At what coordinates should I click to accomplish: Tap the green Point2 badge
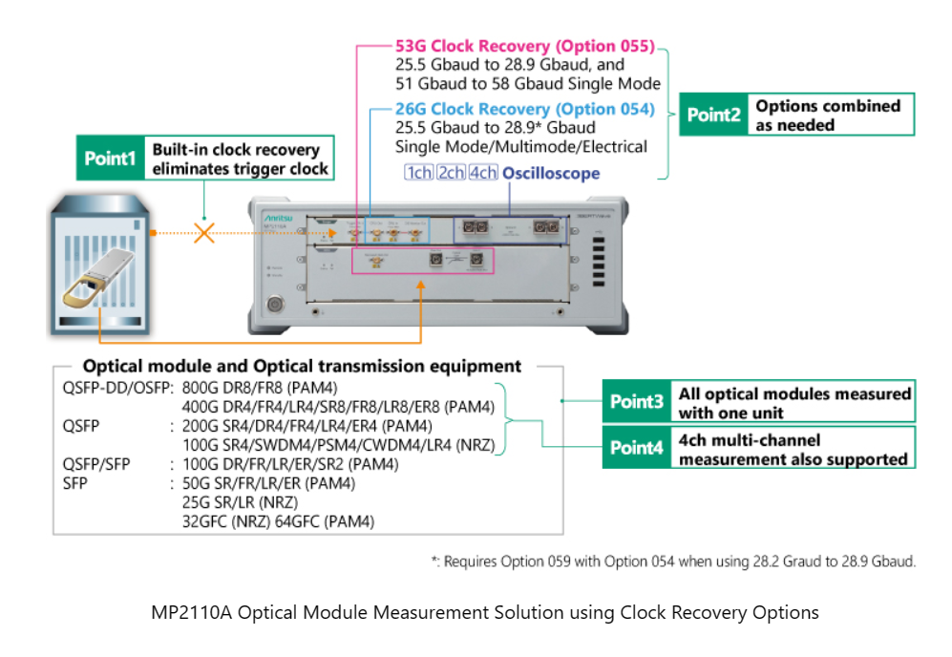click(714, 115)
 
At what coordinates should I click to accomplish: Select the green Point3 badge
click(637, 402)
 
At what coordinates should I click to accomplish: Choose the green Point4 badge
click(637, 448)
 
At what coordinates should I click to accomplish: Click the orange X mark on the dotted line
click(203, 231)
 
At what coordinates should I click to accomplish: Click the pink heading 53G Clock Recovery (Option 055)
click(525, 46)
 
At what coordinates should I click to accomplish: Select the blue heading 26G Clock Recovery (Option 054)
click(525, 109)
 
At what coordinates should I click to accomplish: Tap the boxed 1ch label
click(418, 173)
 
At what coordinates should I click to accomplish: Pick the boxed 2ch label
click(451, 173)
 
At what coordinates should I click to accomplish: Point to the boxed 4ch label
click(483, 173)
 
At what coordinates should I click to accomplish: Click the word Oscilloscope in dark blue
click(551, 173)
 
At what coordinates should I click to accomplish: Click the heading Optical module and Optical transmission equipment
click(302, 366)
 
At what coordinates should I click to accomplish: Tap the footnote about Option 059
click(673, 562)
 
